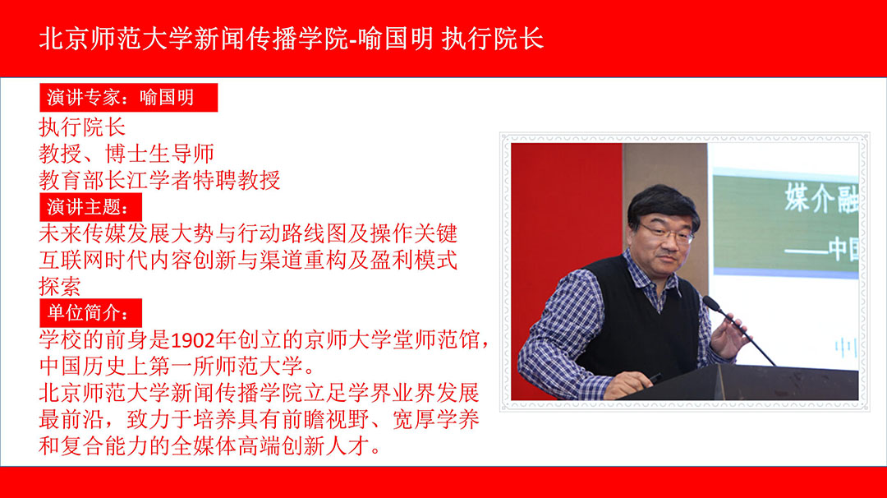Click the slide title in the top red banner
pyautogui.click(x=292, y=39)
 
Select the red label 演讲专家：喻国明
pyautogui.click(x=128, y=97)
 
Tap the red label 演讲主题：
pyautogui.click(x=90, y=207)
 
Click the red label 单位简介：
pyautogui.click(x=90, y=313)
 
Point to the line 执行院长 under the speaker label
pyautogui.click(x=82, y=127)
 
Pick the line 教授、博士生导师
pyautogui.click(x=126, y=154)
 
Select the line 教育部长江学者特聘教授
pyautogui.click(x=159, y=181)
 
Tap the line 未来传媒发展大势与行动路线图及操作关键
pyautogui.click(x=248, y=233)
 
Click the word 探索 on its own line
pyautogui.click(x=60, y=287)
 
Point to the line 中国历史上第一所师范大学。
pyautogui.click(x=177, y=367)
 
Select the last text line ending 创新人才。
pyautogui.click(x=210, y=446)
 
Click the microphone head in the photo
pyautogui.click(x=711, y=303)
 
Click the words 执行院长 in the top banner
pyautogui.click(x=493, y=39)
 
